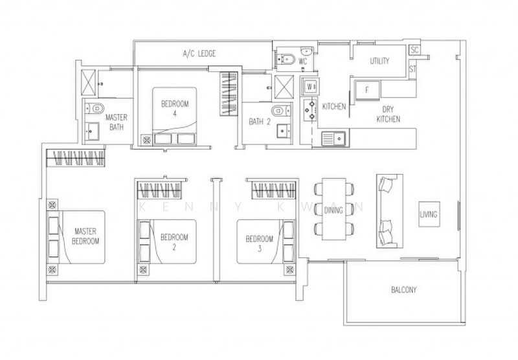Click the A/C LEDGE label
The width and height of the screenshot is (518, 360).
pyautogui.click(x=199, y=54)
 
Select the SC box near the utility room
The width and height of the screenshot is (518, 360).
pyautogui.click(x=414, y=50)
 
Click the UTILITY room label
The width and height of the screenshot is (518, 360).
pyautogui.click(x=379, y=61)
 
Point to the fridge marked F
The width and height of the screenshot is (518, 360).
pyautogui.click(x=367, y=90)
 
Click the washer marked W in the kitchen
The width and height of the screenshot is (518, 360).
pyautogui.click(x=310, y=87)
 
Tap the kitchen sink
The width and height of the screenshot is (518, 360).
pyautogui.click(x=333, y=139)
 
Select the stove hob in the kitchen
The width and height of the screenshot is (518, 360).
pyautogui.click(x=310, y=110)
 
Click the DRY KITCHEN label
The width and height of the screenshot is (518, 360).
pyautogui.click(x=388, y=114)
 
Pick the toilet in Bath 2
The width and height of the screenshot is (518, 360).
pyautogui.click(x=279, y=110)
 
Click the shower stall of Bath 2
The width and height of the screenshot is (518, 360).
pyautogui.click(x=284, y=87)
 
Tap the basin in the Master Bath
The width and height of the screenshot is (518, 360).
pyautogui.click(x=92, y=131)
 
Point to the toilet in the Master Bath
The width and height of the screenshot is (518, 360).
pyautogui.click(x=95, y=108)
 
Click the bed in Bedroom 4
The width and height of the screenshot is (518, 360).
pyautogui.click(x=174, y=116)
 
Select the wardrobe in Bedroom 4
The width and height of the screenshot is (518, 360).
pyautogui.click(x=229, y=94)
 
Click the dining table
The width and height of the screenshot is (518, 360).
pyautogui.click(x=333, y=209)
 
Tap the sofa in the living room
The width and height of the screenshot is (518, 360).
pyautogui.click(x=390, y=211)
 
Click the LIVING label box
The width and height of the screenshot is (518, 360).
pyautogui.click(x=429, y=214)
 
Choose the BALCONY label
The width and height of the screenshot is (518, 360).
pyautogui.click(x=403, y=290)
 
